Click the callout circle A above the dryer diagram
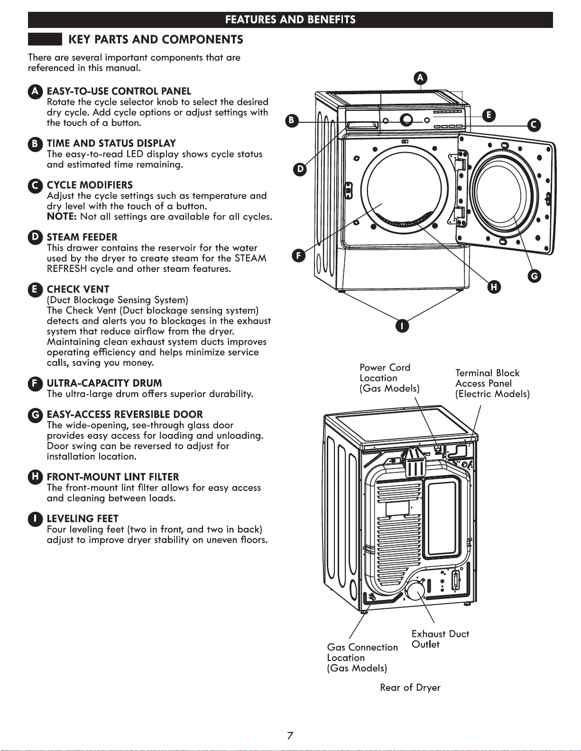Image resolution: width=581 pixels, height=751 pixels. coord(420,78)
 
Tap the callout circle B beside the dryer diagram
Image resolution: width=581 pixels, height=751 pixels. coord(292,121)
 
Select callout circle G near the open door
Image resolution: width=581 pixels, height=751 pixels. coord(535,276)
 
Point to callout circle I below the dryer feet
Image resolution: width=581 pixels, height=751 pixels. coord(402,326)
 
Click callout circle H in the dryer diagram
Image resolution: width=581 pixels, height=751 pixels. coord(494,287)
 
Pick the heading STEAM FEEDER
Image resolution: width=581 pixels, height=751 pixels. coord(82,237)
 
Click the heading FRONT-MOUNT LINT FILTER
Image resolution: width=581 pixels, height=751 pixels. coord(113,477)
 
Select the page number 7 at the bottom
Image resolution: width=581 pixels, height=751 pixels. coord(290,736)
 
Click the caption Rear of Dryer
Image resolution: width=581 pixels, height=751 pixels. coord(410,688)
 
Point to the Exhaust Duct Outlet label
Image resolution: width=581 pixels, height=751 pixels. coord(440,639)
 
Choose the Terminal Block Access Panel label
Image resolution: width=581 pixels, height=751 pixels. coord(492,383)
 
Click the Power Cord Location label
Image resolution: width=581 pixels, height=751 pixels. coord(389,378)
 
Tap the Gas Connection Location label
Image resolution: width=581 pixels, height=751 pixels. coord(362,658)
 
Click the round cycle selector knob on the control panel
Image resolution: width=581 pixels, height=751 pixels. coord(406,119)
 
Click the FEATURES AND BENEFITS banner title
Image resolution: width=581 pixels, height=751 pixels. coord(290,19)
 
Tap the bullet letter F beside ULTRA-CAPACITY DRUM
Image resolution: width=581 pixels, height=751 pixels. coord(35,384)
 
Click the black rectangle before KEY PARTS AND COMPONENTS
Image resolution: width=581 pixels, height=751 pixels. coord(45,39)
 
